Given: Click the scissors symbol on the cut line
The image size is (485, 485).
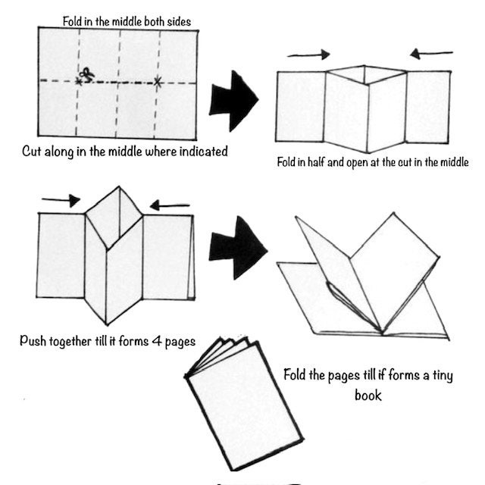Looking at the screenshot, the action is pyautogui.click(x=86, y=74).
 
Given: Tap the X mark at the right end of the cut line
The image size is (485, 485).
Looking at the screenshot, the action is pyautogui.click(x=158, y=82).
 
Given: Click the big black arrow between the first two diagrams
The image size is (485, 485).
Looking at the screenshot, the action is pyautogui.click(x=233, y=101).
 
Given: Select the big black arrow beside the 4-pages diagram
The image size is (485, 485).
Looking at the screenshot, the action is pyautogui.click(x=237, y=248).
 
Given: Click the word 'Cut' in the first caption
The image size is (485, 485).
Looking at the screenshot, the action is pyautogui.click(x=32, y=152).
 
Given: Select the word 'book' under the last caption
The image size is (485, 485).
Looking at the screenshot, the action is pyautogui.click(x=368, y=396).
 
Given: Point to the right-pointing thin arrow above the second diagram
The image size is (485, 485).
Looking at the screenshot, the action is pyautogui.click(x=308, y=55).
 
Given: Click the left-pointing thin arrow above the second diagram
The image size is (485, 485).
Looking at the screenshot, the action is pyautogui.click(x=431, y=54).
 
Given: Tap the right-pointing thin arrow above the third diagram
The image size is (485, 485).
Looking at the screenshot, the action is pyautogui.click(x=61, y=200).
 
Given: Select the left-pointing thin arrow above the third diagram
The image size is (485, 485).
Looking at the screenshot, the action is pyautogui.click(x=170, y=205).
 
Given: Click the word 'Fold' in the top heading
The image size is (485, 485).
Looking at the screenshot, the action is pyautogui.click(x=70, y=22).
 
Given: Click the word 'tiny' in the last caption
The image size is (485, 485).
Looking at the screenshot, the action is pyautogui.click(x=443, y=376).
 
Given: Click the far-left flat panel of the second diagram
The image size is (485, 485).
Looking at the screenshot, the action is pyautogui.click(x=301, y=107).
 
